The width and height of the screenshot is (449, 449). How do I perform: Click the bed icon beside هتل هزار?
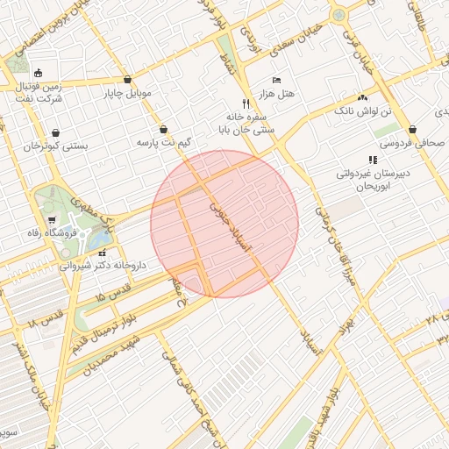(277, 79)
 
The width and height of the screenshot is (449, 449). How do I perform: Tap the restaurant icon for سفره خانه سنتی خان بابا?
(246, 103)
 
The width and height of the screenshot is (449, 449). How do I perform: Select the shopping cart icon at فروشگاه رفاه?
(52, 220)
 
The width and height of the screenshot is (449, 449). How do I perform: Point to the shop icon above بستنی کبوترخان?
(56, 133)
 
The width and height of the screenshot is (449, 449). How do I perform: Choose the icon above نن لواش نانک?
(363, 97)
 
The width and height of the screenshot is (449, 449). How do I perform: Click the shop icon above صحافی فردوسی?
(412, 129)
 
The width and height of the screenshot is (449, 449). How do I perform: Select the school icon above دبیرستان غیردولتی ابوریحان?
(373, 160)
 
